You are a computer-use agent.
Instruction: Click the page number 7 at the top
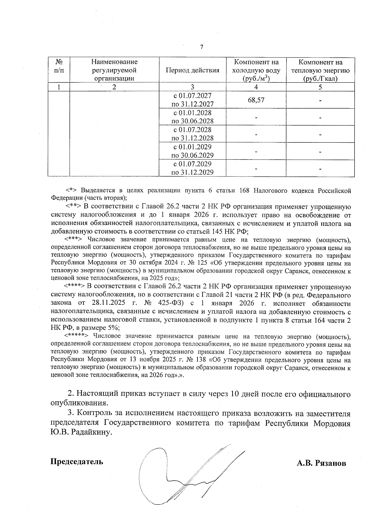click(x=202, y=47)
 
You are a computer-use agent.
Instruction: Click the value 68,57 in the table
click(x=256, y=100)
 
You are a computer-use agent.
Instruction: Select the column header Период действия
click(x=192, y=70)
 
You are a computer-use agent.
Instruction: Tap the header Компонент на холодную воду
click(x=256, y=70)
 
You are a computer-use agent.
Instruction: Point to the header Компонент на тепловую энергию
click(x=320, y=70)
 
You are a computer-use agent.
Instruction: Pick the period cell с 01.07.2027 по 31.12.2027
click(x=192, y=100)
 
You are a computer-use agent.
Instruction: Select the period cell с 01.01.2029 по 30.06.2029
click(x=192, y=151)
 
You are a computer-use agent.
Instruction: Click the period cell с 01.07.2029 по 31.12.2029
click(x=192, y=168)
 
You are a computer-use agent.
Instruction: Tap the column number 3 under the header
click(x=192, y=87)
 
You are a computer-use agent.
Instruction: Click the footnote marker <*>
click(x=72, y=190)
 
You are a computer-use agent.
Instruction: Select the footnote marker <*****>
click(x=77, y=336)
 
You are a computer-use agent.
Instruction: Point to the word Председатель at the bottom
click(x=77, y=462)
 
